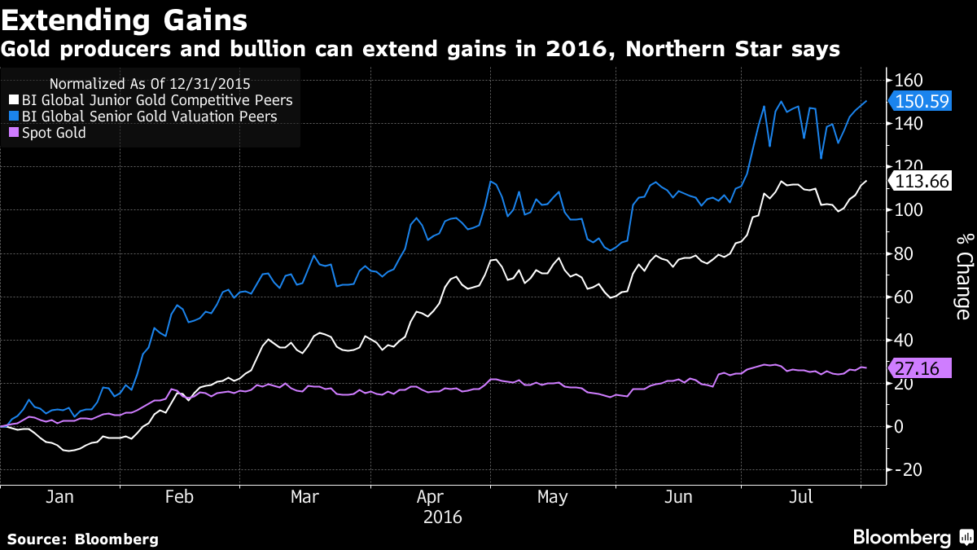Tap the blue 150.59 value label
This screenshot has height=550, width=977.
point(921,102)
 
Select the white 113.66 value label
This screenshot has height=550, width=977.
point(921,182)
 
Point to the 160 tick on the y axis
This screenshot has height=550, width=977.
point(908,81)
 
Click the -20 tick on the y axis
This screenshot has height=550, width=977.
point(908,469)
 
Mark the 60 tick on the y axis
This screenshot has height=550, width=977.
point(904,297)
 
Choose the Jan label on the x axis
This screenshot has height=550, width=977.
point(60,498)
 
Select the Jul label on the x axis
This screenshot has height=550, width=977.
point(802,498)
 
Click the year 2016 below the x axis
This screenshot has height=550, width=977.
point(443,517)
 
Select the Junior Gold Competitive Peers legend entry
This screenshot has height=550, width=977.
point(156,100)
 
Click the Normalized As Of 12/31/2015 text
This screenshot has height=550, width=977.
point(150,83)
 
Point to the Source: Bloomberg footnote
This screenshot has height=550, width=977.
point(83,539)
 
